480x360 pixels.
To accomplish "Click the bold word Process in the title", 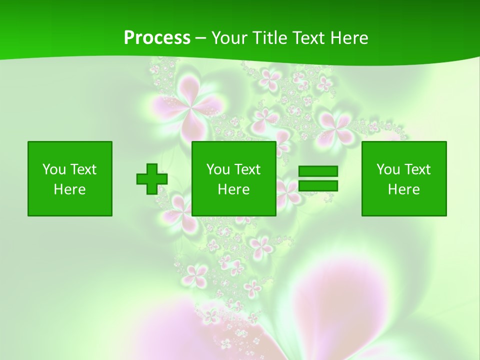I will (157, 38).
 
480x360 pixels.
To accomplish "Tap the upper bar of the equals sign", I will (318, 171).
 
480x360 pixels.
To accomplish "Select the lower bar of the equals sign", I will (318, 185).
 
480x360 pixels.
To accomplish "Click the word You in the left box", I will (54, 169).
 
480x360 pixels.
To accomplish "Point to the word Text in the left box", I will (82, 169).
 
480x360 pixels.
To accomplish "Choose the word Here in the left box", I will (69, 189).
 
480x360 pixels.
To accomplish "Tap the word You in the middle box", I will (218, 169).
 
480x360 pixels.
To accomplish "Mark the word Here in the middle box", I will (233, 189).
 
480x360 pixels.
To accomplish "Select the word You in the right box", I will (388, 169).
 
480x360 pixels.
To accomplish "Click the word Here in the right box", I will (403, 189).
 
